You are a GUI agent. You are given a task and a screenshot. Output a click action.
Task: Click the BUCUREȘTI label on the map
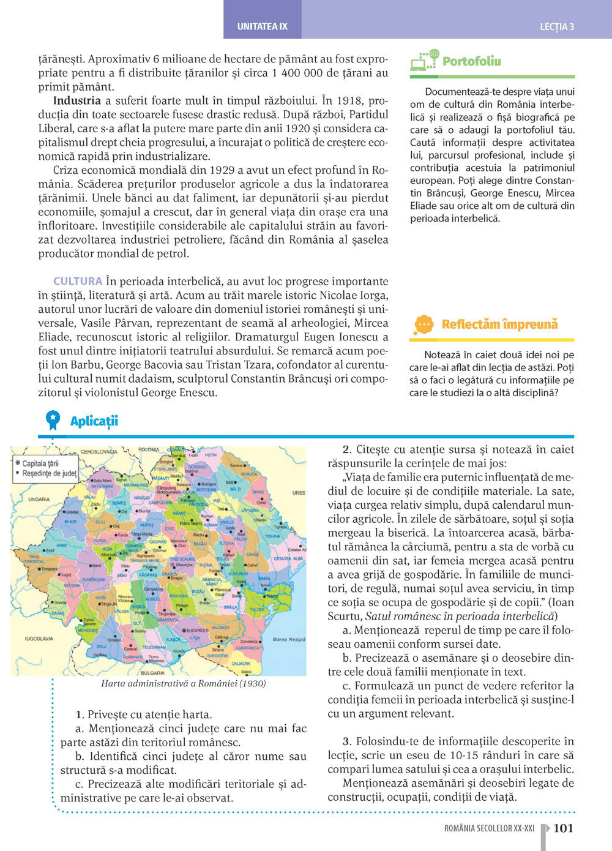coord(198,630)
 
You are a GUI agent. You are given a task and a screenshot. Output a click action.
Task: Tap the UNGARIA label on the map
coord(39,500)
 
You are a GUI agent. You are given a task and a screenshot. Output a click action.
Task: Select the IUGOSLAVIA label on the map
coord(39,639)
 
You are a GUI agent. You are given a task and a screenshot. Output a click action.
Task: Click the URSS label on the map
coord(299,493)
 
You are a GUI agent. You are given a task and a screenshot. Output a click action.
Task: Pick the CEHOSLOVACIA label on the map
coord(99,451)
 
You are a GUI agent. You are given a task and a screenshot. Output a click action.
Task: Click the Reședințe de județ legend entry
coord(49,473)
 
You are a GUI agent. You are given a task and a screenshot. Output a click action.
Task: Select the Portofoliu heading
coord(471,61)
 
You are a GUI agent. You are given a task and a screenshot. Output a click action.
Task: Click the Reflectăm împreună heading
coord(499,324)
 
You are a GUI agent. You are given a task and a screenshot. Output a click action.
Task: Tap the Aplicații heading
coord(94,421)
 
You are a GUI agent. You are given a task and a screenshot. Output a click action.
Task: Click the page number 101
coord(563,828)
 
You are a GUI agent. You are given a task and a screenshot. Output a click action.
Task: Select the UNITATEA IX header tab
coord(262,27)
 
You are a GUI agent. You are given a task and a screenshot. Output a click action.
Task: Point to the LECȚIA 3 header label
coord(557,27)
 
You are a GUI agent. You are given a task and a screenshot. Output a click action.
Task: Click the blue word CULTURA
coord(77,282)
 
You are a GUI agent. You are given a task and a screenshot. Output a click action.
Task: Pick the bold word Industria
coord(76,101)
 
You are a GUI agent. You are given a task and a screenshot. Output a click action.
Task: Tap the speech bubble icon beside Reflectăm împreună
coord(424,324)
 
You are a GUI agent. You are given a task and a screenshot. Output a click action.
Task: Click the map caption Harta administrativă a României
coord(183,684)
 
